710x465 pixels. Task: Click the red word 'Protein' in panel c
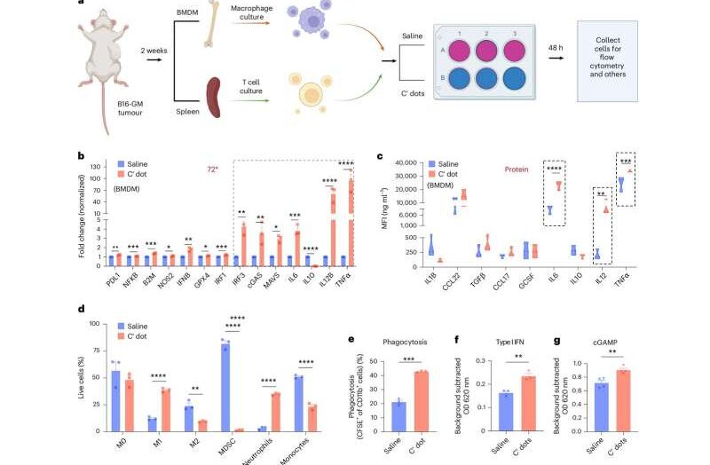pos(524,169)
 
